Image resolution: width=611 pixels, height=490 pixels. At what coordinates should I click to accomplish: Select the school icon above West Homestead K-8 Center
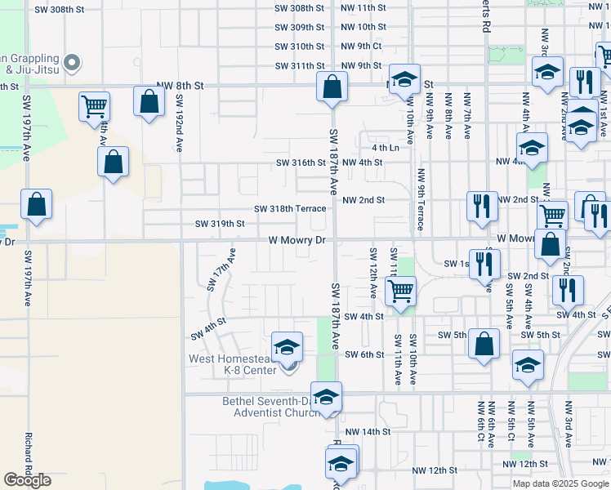pos(287,347)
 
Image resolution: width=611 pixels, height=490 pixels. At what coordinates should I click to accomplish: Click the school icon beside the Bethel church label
pos(326,398)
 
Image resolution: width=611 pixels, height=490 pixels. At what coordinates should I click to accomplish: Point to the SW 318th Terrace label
pos(290,208)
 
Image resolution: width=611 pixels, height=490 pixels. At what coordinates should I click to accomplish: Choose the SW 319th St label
pos(220,223)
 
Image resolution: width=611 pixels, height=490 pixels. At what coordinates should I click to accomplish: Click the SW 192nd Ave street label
pos(179,122)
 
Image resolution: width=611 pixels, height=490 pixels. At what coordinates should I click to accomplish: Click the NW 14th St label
pos(368,431)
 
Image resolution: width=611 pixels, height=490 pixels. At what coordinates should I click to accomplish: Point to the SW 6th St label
pos(364,354)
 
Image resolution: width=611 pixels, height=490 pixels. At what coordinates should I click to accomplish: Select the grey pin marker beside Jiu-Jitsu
pos(71,62)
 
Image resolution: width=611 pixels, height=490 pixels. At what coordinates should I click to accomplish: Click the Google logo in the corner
pos(27,479)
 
